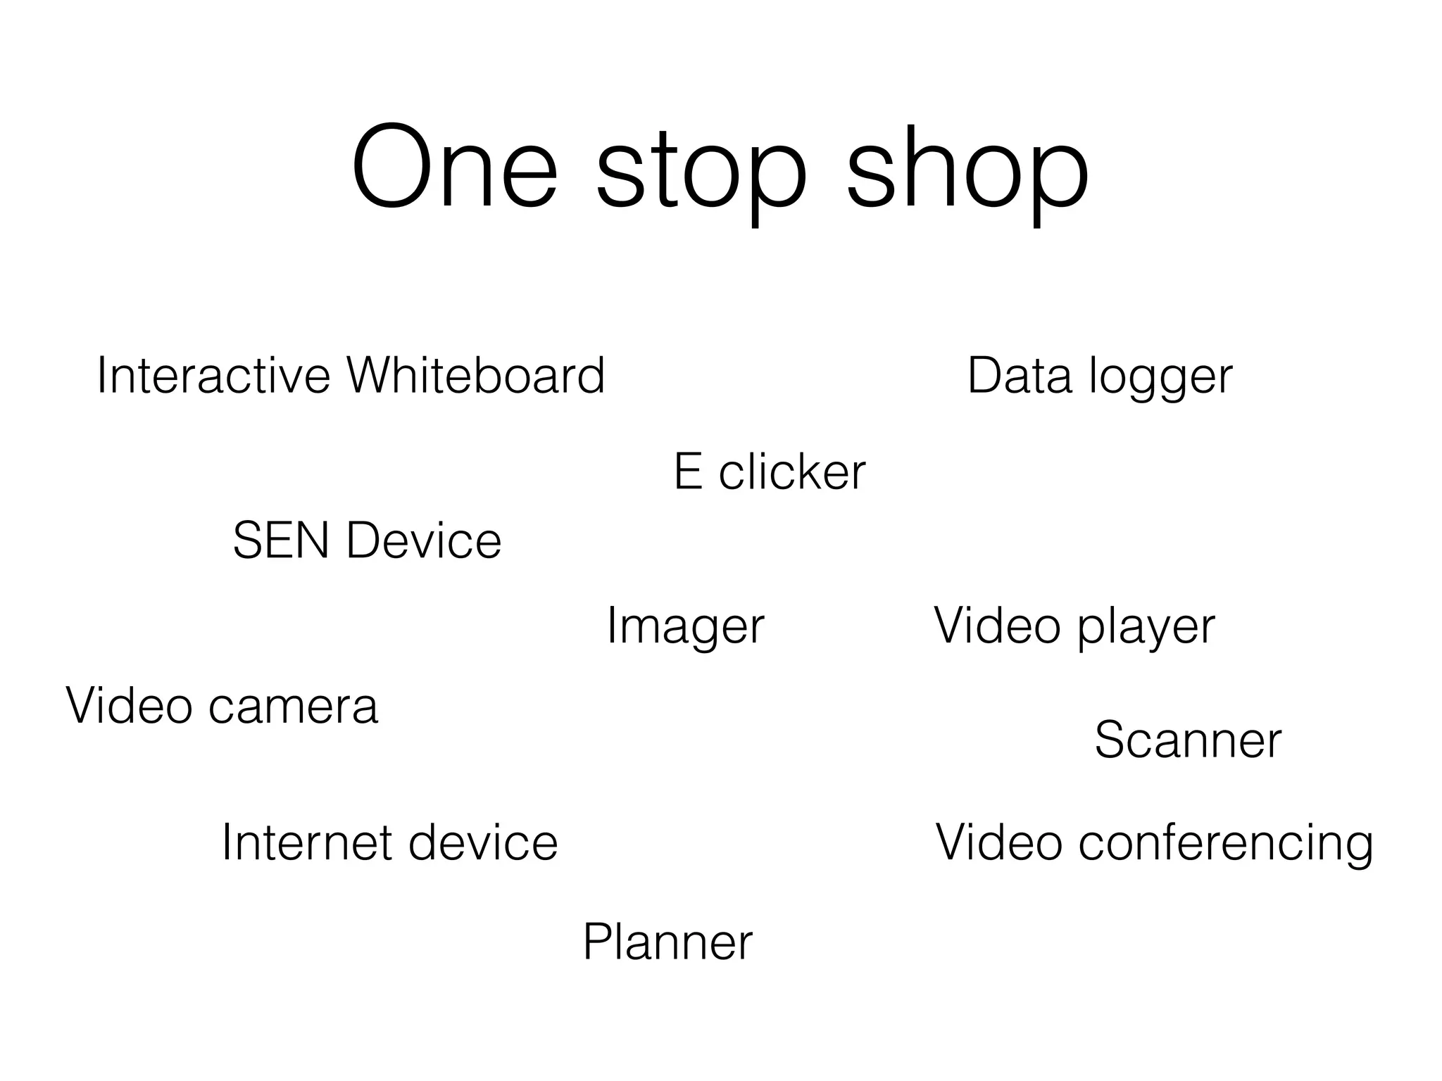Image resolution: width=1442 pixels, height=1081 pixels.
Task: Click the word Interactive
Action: point(213,375)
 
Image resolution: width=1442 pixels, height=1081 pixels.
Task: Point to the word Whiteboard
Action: point(476,375)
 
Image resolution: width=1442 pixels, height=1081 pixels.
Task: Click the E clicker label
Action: point(770,472)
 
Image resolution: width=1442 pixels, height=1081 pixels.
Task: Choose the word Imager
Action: point(685,626)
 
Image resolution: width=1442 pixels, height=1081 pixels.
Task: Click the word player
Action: point(1146,626)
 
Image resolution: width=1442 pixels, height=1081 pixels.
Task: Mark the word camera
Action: point(294,705)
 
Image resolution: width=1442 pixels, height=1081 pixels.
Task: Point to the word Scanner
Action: point(1188,740)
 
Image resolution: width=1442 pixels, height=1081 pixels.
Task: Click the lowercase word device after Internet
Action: point(483,842)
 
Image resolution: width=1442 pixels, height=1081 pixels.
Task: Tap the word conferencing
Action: point(1226,844)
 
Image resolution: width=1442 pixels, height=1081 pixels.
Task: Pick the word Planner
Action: point(667,942)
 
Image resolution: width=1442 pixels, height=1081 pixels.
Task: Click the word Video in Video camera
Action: point(129,705)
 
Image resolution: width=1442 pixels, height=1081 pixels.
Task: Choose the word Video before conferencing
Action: point(998,842)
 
